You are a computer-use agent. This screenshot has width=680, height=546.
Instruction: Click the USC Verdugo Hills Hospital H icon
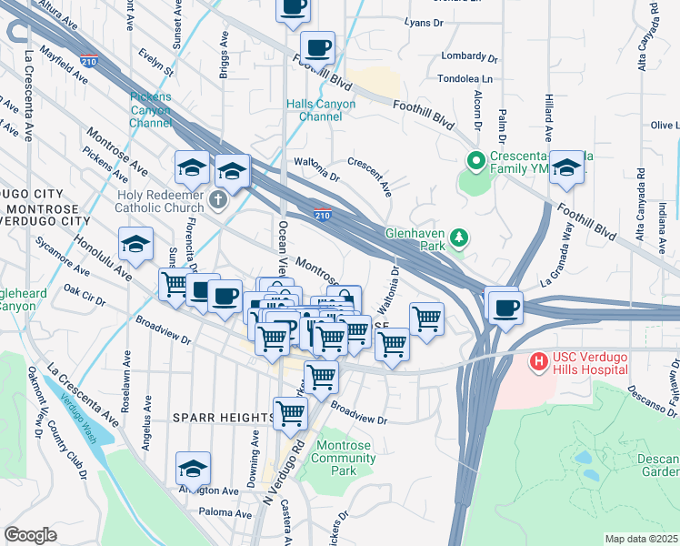(x=538, y=362)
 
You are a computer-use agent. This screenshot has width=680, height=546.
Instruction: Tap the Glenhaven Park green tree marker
(x=460, y=238)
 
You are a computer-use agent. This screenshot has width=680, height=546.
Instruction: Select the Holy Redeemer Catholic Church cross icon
(x=217, y=198)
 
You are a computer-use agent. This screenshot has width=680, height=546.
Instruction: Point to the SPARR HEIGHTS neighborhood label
(x=223, y=417)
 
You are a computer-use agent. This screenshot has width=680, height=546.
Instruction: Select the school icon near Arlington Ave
(x=193, y=468)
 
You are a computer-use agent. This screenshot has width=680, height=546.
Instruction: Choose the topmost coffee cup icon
(x=293, y=7)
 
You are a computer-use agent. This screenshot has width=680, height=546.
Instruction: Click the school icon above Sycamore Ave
(x=135, y=243)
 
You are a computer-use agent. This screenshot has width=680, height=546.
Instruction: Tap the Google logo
(x=30, y=535)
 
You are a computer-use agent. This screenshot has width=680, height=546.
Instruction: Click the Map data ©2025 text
(x=641, y=539)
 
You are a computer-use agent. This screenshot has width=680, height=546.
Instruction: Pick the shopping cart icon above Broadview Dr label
(x=320, y=375)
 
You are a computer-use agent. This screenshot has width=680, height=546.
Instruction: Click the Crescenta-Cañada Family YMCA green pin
(x=474, y=160)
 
